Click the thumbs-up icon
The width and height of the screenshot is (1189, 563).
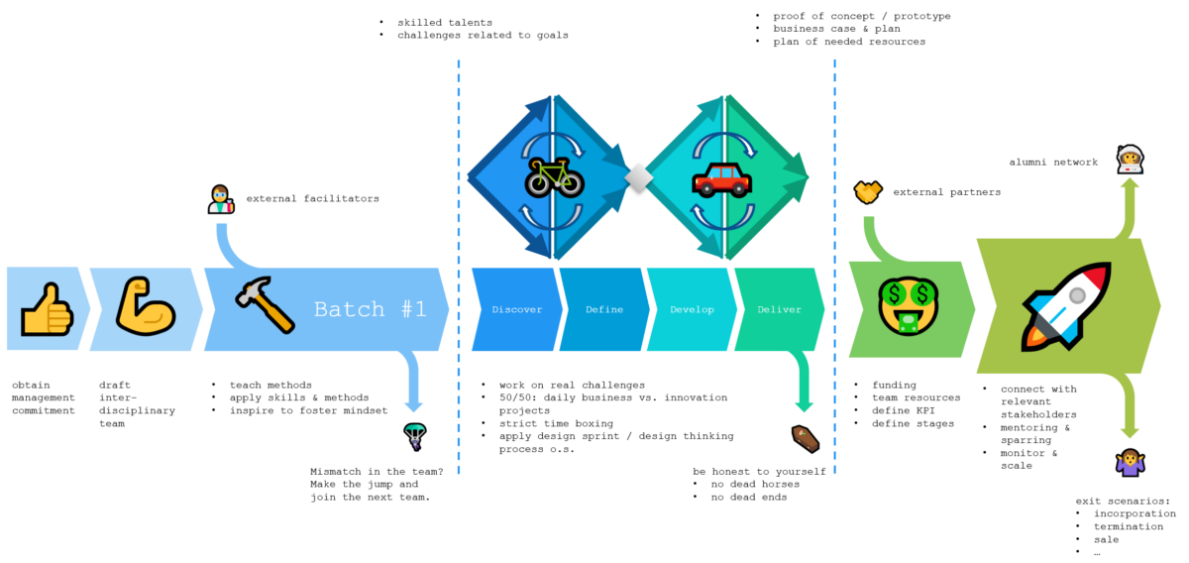(47, 308)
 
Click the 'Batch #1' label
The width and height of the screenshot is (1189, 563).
(370, 309)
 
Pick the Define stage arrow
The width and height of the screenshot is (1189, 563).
(604, 309)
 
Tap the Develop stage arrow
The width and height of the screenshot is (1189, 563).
(691, 309)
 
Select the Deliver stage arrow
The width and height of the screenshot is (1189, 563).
(779, 309)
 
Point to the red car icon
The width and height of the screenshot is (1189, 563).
(721, 180)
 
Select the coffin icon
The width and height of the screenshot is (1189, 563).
(804, 437)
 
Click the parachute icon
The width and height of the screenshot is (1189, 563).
(414, 435)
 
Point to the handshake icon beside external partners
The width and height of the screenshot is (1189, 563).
(869, 191)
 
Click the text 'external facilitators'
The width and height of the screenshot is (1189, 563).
(312, 198)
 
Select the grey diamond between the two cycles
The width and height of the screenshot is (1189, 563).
(638, 179)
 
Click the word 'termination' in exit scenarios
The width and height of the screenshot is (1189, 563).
(1129, 526)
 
